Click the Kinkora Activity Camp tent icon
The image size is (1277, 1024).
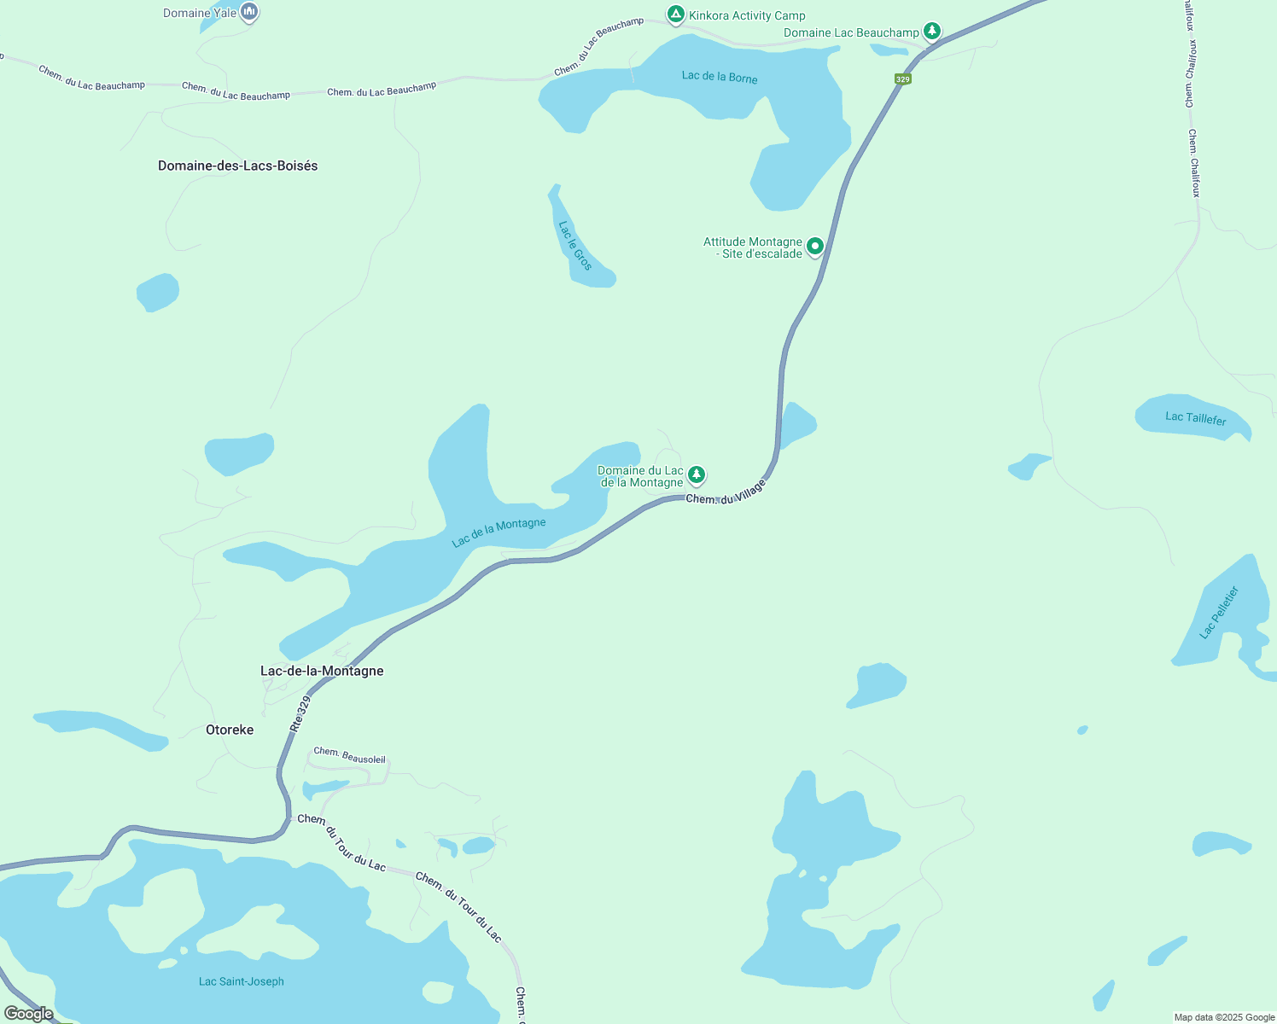point(675,15)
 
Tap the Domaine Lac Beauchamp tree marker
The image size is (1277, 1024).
point(932,32)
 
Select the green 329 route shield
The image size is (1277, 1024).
point(903,79)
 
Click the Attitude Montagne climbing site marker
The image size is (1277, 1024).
point(815,247)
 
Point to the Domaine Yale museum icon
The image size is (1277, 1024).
point(249,12)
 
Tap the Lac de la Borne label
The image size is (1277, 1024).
point(720,77)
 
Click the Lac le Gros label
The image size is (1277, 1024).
point(575,246)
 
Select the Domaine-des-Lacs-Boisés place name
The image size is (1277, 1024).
point(237,166)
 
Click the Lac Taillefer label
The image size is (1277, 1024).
point(1196,418)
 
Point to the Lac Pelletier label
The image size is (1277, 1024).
point(1219,612)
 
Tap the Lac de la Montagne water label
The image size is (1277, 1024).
point(499,532)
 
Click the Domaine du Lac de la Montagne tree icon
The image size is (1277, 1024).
point(697,474)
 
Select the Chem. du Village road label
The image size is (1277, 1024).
point(726,493)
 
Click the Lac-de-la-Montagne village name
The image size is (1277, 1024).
point(322,671)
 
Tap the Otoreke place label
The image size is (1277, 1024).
point(230,730)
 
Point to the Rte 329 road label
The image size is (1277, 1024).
point(300,713)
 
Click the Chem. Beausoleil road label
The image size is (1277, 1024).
point(349,755)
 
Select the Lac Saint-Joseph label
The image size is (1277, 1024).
point(242,981)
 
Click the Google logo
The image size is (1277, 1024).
point(28,1014)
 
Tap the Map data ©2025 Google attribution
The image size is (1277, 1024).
point(1224,1017)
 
